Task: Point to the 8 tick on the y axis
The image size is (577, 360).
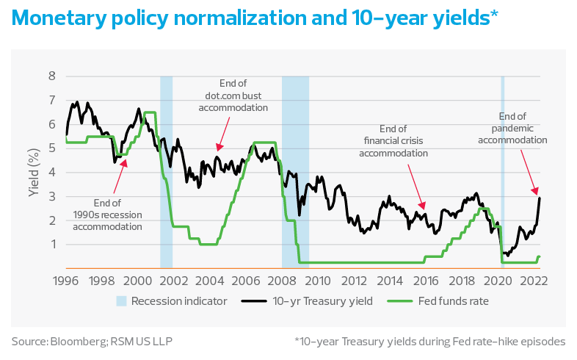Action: tap(51, 76)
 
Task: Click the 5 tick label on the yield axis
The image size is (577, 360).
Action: tap(51, 148)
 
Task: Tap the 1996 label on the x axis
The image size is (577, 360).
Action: tap(67, 281)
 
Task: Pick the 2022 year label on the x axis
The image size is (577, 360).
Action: tap(534, 281)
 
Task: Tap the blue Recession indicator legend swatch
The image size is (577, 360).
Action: tap(121, 300)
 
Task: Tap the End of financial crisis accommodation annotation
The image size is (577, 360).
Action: tap(393, 142)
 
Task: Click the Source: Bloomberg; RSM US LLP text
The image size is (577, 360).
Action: tap(93, 341)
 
